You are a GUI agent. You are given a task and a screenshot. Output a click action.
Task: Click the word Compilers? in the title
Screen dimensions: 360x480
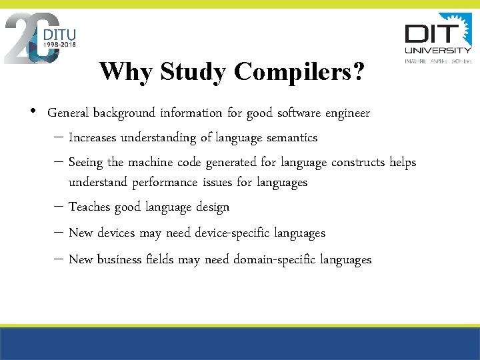[x=299, y=73]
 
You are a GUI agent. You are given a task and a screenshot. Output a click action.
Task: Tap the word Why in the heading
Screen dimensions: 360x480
[x=123, y=71]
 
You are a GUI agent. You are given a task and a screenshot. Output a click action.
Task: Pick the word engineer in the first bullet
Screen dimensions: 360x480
[x=347, y=113]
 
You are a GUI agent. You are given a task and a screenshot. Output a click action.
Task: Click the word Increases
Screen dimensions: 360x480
[x=93, y=138]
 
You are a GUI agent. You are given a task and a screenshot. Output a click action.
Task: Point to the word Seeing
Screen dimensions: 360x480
[x=86, y=163]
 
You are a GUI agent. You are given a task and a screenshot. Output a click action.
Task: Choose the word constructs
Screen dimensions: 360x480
[x=355, y=163]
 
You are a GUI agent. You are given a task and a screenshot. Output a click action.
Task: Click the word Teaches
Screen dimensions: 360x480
[x=90, y=207]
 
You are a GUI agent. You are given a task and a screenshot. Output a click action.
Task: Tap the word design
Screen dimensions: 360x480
[x=213, y=207]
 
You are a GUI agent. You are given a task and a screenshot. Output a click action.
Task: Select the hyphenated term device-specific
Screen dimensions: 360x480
[x=206, y=233]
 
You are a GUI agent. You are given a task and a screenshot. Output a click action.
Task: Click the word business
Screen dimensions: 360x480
[x=119, y=259]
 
